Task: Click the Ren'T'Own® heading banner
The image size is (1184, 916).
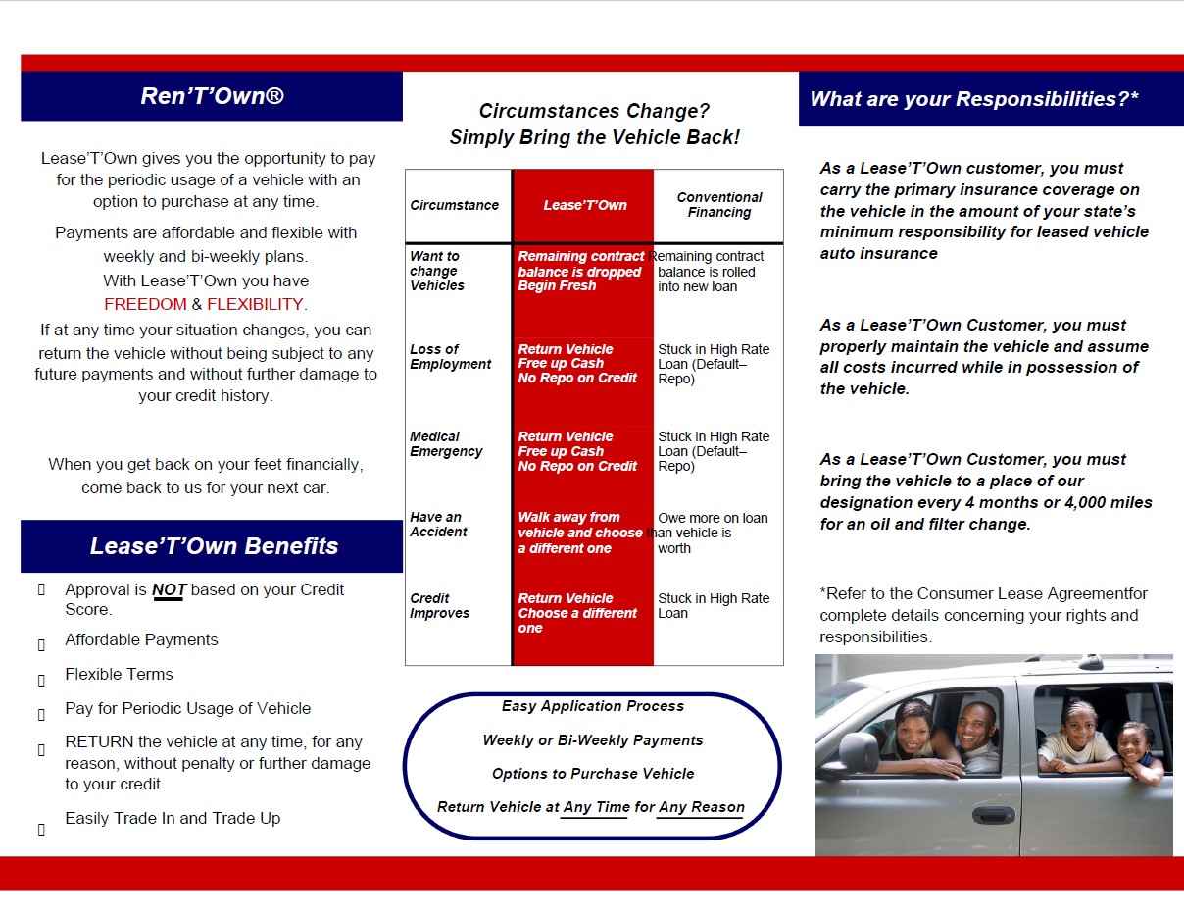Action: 212,96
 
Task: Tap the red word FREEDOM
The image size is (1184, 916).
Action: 145,304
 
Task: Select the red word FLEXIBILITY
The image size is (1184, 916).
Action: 255,304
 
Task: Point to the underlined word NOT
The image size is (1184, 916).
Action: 168,590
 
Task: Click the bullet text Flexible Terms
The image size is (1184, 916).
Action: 119,675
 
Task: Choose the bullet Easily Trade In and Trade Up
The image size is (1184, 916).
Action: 173,818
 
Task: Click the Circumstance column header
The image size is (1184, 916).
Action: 454,205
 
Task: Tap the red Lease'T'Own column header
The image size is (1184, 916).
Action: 585,205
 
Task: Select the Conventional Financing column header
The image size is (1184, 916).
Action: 719,204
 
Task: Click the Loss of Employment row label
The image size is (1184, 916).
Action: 451,357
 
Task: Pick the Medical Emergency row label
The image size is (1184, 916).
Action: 446,444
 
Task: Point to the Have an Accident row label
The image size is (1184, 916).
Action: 438,525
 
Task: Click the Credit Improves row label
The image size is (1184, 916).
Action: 439,606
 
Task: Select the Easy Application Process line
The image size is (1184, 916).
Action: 593,706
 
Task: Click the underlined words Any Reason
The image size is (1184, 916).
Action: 701,807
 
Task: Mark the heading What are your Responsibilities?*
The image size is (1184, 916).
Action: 974,99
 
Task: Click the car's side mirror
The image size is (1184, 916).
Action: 859,752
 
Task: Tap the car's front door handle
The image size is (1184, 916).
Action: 994,815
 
